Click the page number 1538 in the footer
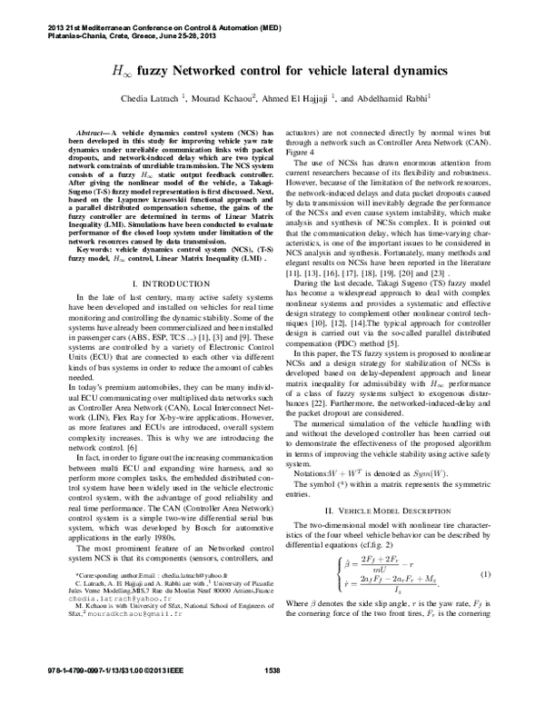(x=272, y=695)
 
